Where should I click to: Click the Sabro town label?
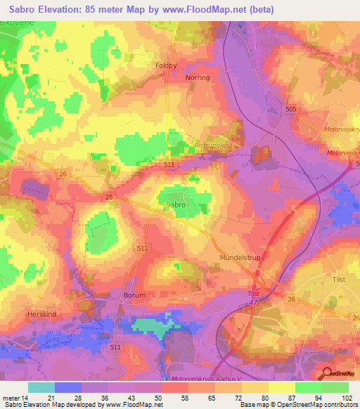176,204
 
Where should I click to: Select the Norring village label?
198,78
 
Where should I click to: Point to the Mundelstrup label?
240,259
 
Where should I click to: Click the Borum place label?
134,296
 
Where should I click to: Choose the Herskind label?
39,314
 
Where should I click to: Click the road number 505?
292,109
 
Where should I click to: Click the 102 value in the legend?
347,398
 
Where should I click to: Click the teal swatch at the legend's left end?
41,387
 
